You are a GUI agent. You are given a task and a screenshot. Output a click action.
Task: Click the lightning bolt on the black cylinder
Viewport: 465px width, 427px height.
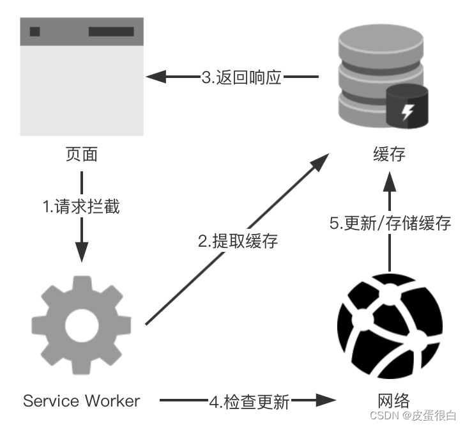tap(407, 113)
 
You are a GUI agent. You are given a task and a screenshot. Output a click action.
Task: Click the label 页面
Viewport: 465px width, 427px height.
tap(82, 154)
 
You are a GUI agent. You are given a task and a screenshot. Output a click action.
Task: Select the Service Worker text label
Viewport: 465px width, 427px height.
tap(81, 401)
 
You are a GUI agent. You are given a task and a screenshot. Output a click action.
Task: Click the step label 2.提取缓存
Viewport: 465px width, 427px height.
tap(238, 242)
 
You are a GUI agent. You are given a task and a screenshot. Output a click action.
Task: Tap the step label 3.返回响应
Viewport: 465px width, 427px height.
tap(241, 77)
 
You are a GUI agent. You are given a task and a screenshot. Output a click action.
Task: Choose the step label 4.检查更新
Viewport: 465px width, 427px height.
tap(249, 402)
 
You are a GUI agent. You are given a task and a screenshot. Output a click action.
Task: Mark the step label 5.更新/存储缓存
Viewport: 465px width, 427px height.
tap(390, 224)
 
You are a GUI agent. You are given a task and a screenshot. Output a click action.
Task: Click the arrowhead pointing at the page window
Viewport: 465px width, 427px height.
tap(156, 77)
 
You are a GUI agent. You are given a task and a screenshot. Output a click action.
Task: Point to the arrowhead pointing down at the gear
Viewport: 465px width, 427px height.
tap(82, 250)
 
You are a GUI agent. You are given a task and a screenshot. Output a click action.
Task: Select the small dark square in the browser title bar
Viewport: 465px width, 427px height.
tap(35, 31)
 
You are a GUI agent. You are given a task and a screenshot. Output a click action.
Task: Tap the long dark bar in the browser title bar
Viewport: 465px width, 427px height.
tap(111, 31)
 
